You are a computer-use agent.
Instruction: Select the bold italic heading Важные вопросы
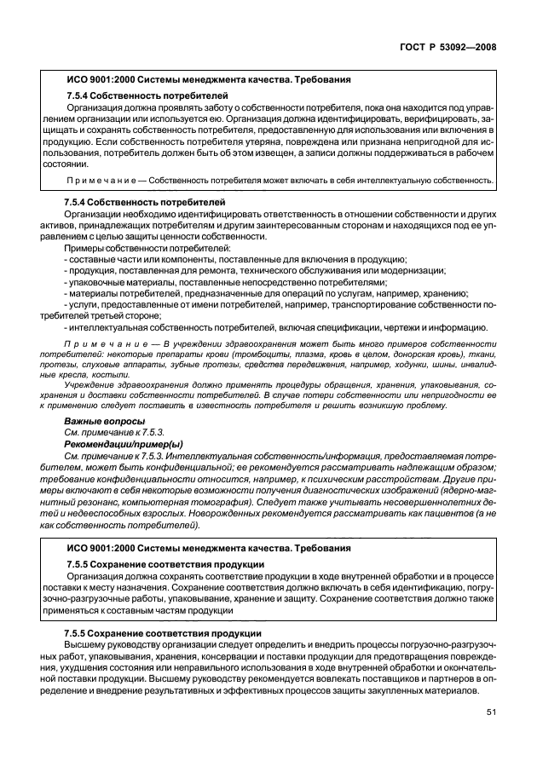coord(104,422)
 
